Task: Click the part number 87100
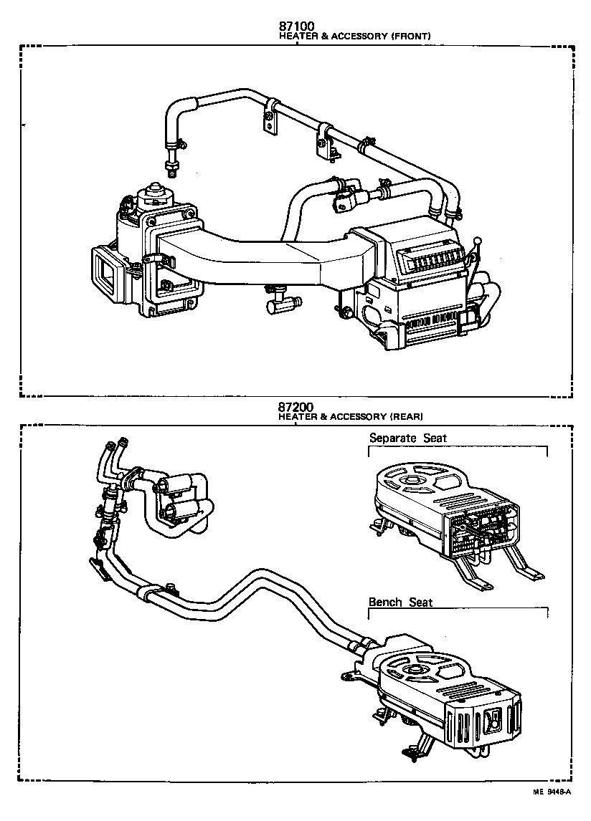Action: [296, 26]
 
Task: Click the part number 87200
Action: [296, 406]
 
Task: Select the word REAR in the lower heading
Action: [406, 416]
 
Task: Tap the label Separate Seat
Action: [407, 438]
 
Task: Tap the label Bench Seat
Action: [400, 602]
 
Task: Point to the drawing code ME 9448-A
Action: [551, 792]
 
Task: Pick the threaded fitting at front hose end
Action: [171, 169]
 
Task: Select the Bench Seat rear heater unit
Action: [445, 688]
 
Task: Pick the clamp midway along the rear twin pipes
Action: [148, 592]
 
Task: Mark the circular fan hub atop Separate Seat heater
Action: [414, 481]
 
